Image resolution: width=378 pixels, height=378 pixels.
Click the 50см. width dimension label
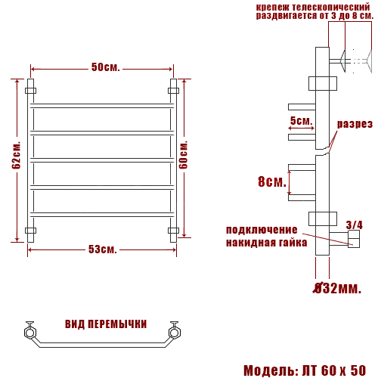pos(106,67)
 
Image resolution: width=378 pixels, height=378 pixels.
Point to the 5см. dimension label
pos(300,121)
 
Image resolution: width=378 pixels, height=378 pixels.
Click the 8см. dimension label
pos(272,182)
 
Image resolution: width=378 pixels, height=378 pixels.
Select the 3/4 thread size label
pos(354,225)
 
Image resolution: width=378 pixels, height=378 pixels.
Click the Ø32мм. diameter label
pos(337,288)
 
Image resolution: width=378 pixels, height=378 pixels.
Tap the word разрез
pos(354,124)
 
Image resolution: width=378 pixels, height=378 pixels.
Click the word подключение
pos(262,230)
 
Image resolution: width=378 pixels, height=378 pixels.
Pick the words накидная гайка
pos(266,243)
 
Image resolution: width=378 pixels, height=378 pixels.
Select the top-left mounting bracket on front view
pos(30,91)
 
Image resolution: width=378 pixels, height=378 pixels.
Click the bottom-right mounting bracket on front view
pos(173,230)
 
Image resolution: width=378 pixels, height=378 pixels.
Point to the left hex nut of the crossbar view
pos(30,331)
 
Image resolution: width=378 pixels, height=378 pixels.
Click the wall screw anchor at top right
pos(358,59)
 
